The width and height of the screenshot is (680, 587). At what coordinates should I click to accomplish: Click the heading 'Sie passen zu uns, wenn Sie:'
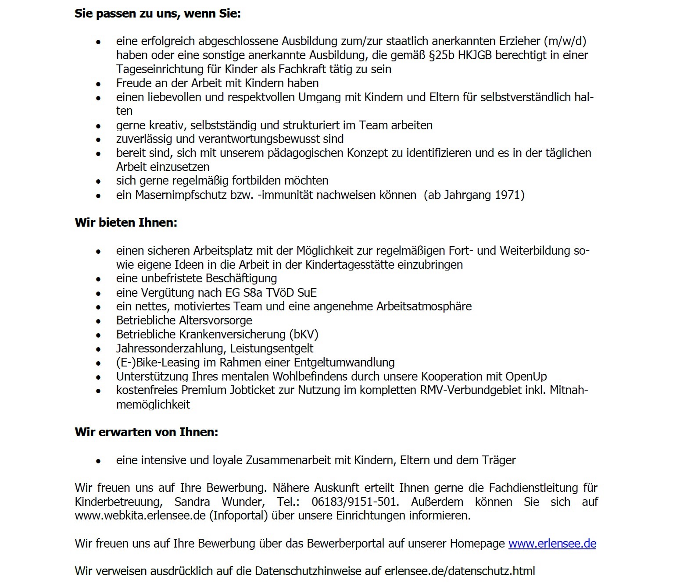157,14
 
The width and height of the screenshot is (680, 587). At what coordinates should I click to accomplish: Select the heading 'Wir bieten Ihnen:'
126,223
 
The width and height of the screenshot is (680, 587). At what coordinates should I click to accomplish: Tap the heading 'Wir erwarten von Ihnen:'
146,432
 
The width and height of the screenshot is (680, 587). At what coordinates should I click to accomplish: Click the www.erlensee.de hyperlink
552,544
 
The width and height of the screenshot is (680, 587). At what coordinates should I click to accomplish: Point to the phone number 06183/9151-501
355,502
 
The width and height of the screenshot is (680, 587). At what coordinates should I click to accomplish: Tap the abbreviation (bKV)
304,334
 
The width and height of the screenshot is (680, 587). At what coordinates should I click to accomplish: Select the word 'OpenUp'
526,377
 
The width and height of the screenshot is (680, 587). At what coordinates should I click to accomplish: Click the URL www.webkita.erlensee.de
140,516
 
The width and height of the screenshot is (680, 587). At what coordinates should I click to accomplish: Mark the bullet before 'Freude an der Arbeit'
98,84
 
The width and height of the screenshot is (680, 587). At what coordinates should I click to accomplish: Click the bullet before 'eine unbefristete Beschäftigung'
98,279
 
